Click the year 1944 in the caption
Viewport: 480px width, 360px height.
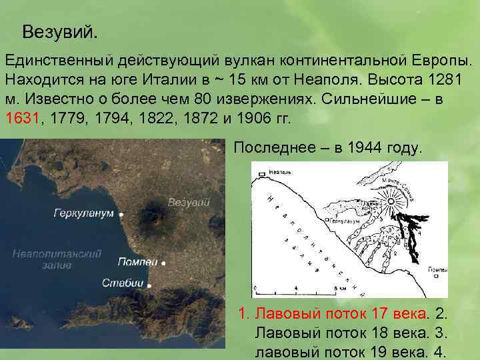(x=363, y=147)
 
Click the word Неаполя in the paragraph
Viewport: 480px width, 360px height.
(x=328, y=77)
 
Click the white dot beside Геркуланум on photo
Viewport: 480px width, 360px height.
(x=121, y=215)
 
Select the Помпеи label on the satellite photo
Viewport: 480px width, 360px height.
(x=137, y=262)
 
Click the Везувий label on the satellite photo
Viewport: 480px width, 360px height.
(x=189, y=202)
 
